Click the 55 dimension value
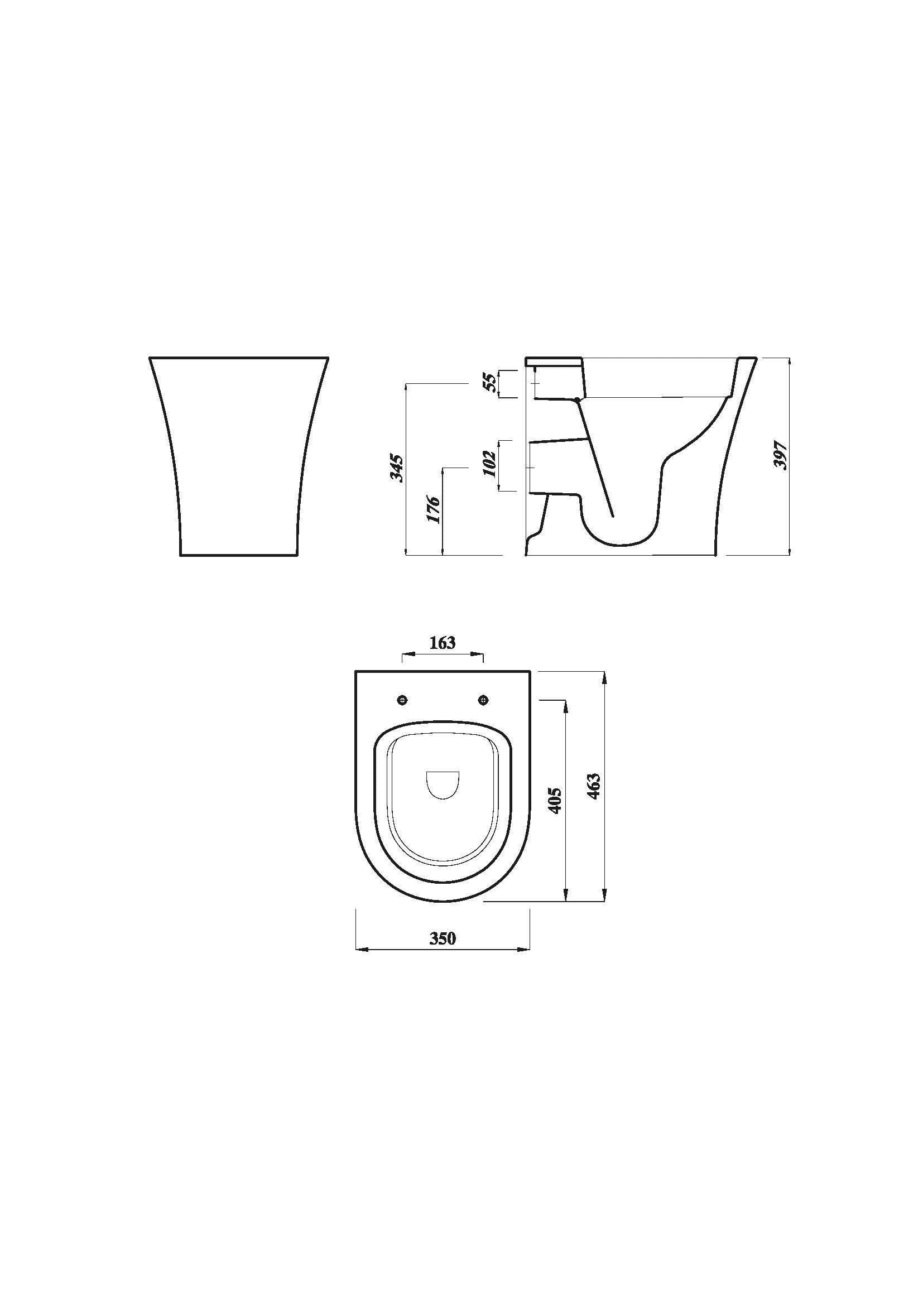490,384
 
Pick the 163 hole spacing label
442,643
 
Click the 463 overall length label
593,787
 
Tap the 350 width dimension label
442,938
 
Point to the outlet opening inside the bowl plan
443,786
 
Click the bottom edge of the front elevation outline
239,555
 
